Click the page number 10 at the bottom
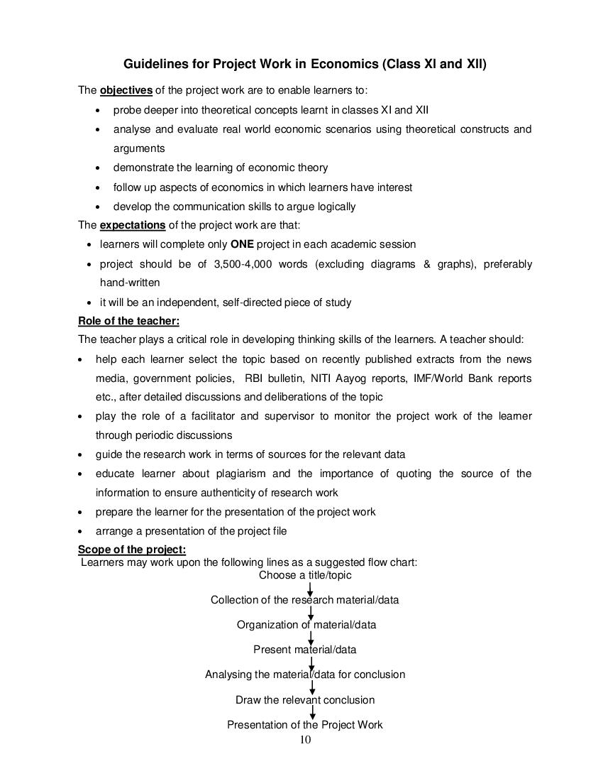[305, 740]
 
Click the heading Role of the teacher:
[128, 320]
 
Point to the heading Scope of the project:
[132, 550]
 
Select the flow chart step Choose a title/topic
[305, 575]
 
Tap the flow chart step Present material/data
[305, 650]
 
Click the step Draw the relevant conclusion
[305, 700]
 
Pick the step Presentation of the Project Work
[305, 725]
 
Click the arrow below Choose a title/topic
[311, 588]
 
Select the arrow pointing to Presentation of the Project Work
[313, 712]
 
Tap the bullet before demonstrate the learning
[98, 168]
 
